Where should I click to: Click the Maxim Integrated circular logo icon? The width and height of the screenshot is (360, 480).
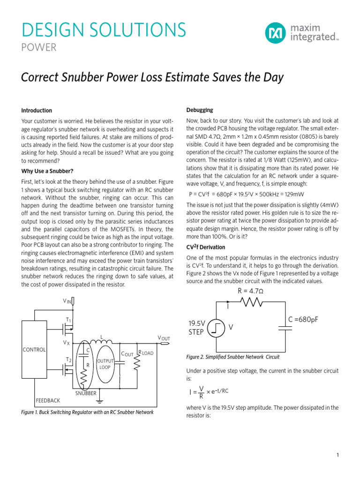tap(275, 33)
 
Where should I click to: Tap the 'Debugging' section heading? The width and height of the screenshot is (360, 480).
tap(199, 110)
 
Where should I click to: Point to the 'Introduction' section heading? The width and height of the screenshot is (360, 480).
tap(37, 111)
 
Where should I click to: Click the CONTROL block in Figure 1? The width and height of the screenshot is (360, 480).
tap(34, 350)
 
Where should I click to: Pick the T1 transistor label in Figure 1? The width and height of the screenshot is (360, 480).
tap(68, 320)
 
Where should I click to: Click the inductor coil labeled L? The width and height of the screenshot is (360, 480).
tap(100, 344)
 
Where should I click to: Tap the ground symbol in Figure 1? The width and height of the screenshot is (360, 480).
tap(99, 401)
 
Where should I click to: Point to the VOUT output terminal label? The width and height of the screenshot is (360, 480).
tap(164, 338)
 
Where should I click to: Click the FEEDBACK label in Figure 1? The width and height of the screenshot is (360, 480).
tap(48, 401)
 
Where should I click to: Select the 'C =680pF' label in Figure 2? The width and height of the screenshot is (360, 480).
tap(303, 320)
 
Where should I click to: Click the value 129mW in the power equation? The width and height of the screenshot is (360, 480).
tap(293, 195)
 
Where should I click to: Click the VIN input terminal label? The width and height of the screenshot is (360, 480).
tap(67, 301)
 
